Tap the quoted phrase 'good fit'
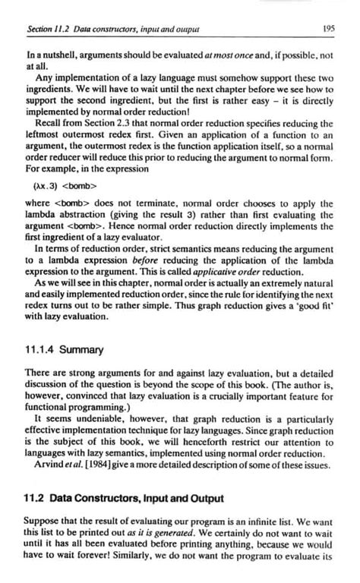(x=314, y=311)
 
